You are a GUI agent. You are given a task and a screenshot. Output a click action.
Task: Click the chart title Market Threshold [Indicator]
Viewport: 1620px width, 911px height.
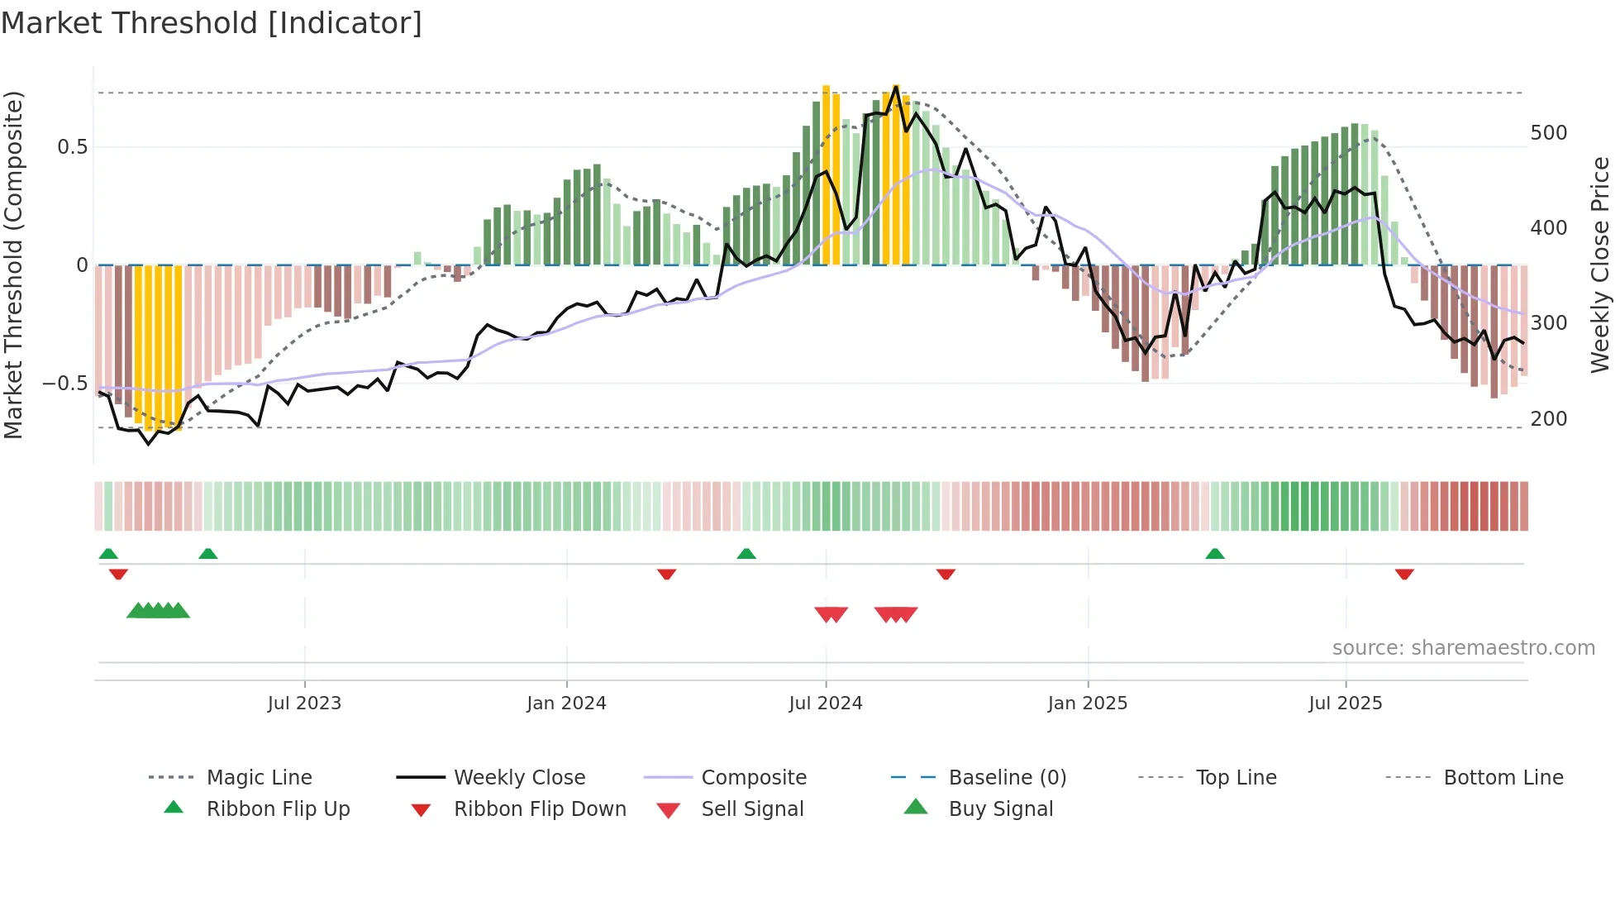pyautogui.click(x=212, y=23)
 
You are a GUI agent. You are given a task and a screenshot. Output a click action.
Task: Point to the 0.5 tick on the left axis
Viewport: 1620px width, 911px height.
pyautogui.click(x=72, y=147)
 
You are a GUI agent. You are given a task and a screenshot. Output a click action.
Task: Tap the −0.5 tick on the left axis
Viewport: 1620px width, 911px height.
pyautogui.click(x=64, y=384)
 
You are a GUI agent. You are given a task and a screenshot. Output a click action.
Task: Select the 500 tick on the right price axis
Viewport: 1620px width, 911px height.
pyautogui.click(x=1548, y=133)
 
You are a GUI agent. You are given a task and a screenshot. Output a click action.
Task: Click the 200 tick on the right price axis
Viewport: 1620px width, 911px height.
pyautogui.click(x=1548, y=419)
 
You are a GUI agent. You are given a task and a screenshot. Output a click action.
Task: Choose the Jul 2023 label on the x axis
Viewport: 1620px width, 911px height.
pyautogui.click(x=304, y=704)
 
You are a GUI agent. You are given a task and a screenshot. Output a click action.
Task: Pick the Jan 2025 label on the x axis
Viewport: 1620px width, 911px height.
pyautogui.click(x=1087, y=704)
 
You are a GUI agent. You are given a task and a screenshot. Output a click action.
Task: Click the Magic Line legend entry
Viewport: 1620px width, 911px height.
pyautogui.click(x=259, y=778)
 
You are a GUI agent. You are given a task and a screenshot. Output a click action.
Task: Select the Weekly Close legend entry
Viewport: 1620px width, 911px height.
pyautogui.click(x=519, y=778)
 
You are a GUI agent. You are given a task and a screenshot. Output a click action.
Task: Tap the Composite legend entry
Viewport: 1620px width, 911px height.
pyautogui.click(x=754, y=778)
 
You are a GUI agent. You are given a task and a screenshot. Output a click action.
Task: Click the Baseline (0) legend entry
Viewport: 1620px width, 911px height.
pyautogui.click(x=1007, y=778)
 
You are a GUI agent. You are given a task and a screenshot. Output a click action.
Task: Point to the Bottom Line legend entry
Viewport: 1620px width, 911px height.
pyautogui.click(x=1503, y=778)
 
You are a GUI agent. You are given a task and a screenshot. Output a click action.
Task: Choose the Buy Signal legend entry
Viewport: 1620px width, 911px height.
pyautogui.click(x=1000, y=809)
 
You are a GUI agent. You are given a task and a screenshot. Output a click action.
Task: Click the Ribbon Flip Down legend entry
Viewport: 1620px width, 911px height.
pyautogui.click(x=540, y=809)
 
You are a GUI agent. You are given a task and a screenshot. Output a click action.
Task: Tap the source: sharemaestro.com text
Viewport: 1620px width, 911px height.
pyautogui.click(x=1463, y=648)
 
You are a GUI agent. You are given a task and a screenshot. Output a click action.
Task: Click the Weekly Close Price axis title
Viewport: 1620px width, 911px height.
pyautogui.click(x=1600, y=265)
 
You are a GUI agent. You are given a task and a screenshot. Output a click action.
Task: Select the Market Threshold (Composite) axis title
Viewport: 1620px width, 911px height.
pyautogui.click(x=13, y=265)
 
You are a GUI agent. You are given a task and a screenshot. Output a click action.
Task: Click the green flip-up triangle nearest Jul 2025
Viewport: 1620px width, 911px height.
pyautogui.click(x=1214, y=554)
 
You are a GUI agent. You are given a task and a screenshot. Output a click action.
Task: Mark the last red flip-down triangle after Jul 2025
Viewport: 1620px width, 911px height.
pyautogui.click(x=1404, y=574)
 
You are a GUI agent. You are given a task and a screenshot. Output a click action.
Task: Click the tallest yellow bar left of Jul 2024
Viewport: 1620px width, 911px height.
pyautogui.click(x=826, y=174)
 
